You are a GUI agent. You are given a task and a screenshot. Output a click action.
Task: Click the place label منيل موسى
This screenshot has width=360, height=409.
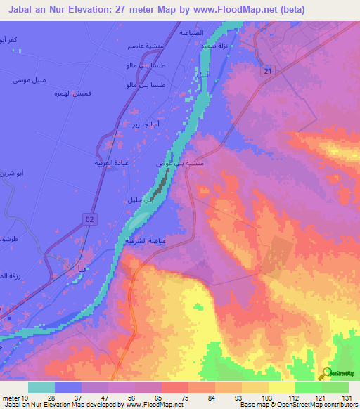(x=30, y=80)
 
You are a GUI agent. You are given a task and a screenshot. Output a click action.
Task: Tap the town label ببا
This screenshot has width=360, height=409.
(x=84, y=268)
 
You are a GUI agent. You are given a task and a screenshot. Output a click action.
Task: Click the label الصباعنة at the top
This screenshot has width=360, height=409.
(x=191, y=33)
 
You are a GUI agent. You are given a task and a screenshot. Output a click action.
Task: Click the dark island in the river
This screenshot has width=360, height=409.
(x=162, y=185)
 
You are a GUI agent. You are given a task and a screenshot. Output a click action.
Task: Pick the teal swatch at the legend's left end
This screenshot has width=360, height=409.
(x=41, y=387)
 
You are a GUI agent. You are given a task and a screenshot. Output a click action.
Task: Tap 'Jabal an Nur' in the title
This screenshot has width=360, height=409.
(x=30, y=8)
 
